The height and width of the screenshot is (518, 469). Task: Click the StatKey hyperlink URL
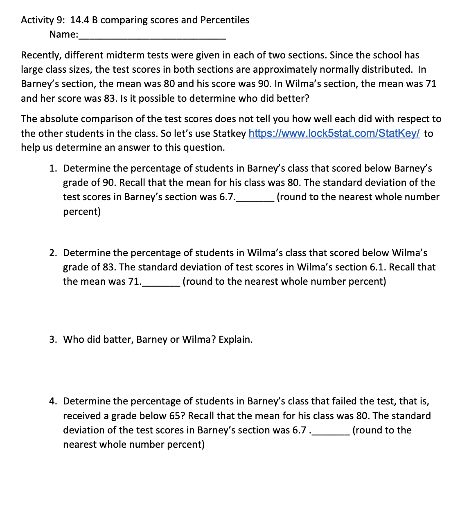coord(334,134)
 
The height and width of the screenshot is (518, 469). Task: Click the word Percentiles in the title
coord(225,20)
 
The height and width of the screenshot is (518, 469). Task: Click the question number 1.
coord(53,168)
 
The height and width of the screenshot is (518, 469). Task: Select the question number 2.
coord(53,253)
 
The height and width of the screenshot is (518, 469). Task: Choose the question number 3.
coord(53,339)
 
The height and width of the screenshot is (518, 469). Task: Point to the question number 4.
coord(53,401)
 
